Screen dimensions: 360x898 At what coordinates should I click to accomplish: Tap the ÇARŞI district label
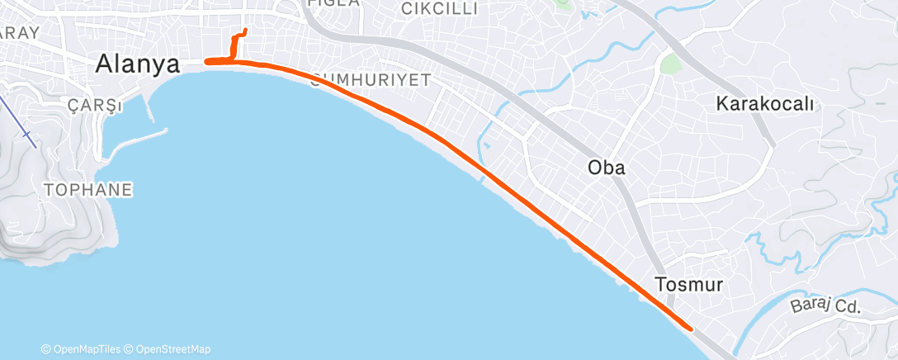[x=96, y=107]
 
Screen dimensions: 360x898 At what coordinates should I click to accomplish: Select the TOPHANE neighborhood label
[x=87, y=190]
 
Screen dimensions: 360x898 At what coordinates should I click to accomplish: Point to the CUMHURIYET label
[x=371, y=80]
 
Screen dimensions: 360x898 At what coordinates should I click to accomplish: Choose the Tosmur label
[x=689, y=285]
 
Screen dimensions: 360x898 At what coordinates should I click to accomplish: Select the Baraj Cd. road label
[x=825, y=307]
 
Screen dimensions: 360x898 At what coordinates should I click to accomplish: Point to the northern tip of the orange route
[x=244, y=32]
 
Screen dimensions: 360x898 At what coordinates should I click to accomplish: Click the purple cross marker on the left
[x=27, y=133]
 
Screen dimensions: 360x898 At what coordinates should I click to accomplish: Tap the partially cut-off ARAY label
[x=18, y=32]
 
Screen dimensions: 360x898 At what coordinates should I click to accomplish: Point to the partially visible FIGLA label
[x=333, y=3]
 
